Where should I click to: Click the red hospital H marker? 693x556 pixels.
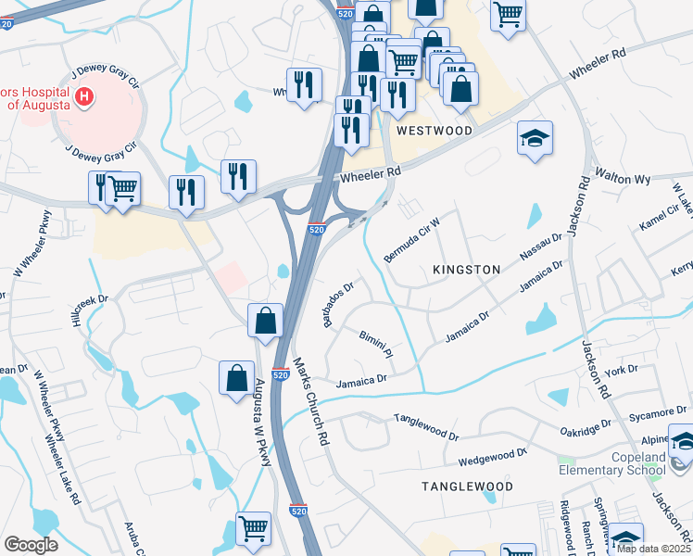pyautogui.click(x=84, y=96)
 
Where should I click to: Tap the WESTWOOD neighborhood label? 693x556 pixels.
pyautogui.click(x=434, y=132)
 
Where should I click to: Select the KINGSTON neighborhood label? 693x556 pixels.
pyautogui.click(x=467, y=270)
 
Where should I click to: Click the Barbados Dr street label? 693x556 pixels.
pyautogui.click(x=339, y=305)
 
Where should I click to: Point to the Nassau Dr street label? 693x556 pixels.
pyautogui.click(x=541, y=249)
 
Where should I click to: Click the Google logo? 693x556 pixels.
pyautogui.click(x=31, y=544)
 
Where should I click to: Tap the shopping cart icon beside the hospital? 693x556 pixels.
pyautogui.click(x=122, y=188)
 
